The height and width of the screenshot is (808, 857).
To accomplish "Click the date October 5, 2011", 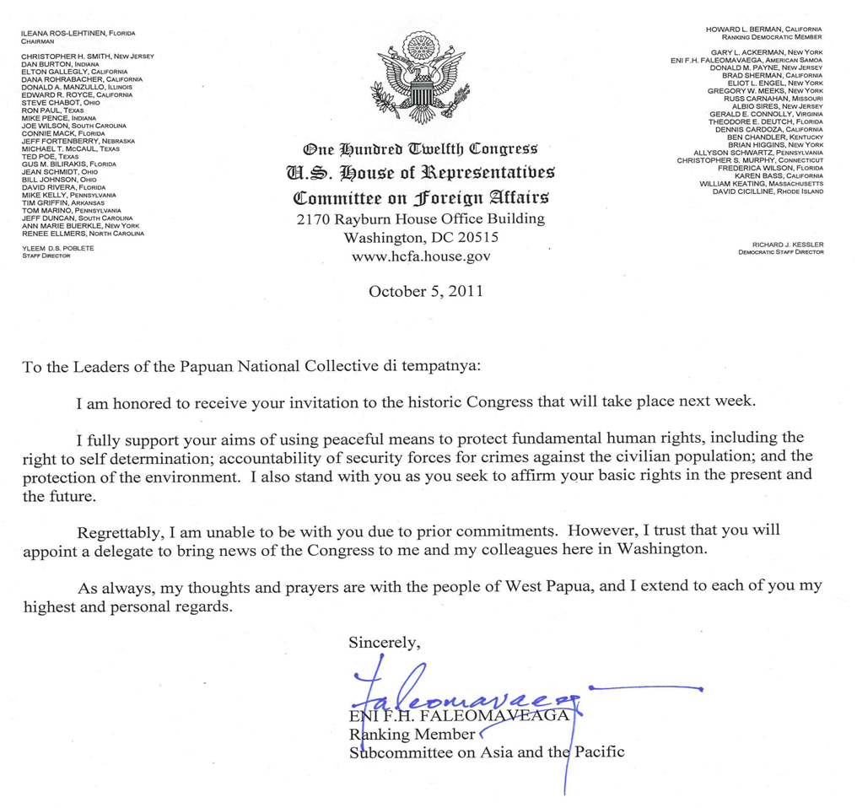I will point(425,292).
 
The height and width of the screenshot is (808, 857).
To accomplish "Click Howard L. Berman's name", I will point(763,30).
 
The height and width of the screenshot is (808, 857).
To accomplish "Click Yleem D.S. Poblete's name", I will point(58,248).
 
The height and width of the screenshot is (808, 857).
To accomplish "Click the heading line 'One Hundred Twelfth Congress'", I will point(419,149).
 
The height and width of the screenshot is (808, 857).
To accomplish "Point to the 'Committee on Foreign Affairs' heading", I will point(420,198).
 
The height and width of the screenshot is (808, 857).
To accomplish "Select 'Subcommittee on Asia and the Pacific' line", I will point(487,751).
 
